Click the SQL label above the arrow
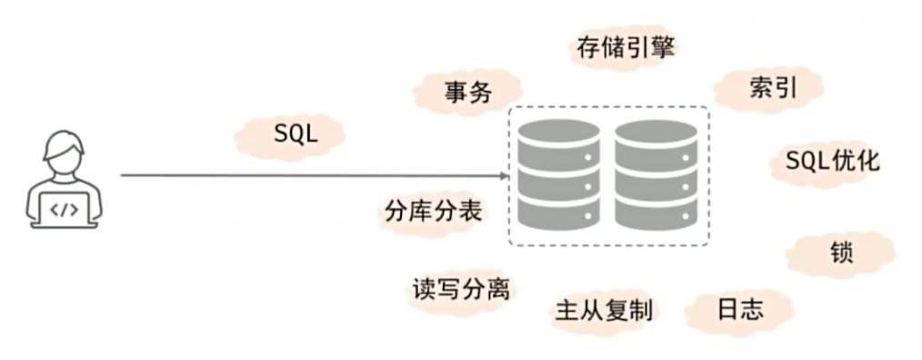[296, 135]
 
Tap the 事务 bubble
[467, 93]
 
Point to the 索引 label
[773, 87]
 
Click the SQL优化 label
[833, 160]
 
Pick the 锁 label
[841, 254]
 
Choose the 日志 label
[740, 309]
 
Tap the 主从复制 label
[604, 310]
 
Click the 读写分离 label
[461, 289]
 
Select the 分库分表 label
[434, 210]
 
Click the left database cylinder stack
[558, 175]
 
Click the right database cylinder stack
[656, 175]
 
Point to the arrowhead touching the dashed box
[504, 175]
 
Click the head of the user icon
[64, 149]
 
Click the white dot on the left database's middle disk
[588, 187]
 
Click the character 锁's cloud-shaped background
[840, 255]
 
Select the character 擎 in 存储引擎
[663, 47]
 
